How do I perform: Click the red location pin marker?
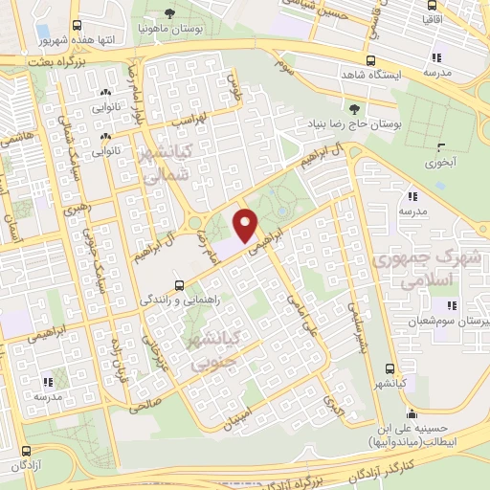245,225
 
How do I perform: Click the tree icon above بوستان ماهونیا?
169,12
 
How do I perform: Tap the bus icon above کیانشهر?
388,368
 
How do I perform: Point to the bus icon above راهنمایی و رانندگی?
179,284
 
